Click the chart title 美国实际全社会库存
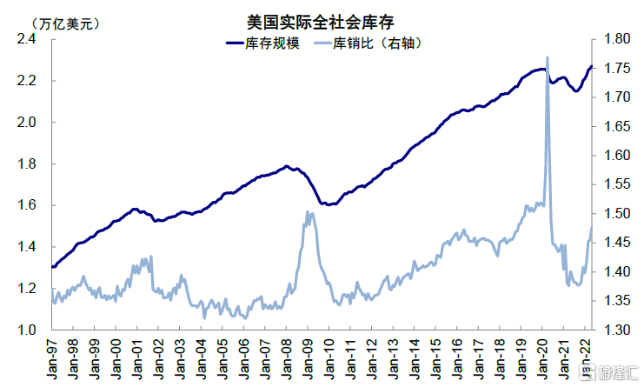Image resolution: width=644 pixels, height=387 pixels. tap(322, 20)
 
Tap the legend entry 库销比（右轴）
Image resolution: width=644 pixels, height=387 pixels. tap(378, 43)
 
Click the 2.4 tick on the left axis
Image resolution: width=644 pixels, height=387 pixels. tap(25, 39)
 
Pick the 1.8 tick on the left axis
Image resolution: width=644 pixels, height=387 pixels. tap(25, 164)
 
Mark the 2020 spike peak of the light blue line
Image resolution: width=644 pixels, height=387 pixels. tap(548, 58)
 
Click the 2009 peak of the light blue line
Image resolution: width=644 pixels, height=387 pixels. tap(309, 212)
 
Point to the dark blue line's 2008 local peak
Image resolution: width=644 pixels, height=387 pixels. tap(287, 166)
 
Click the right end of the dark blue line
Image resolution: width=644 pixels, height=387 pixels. tap(592, 67)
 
